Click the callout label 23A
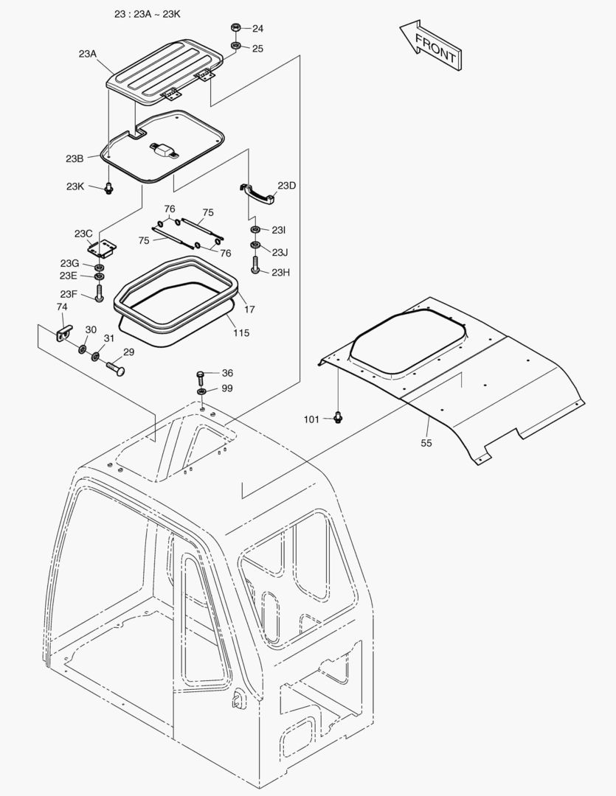pyautogui.click(x=87, y=54)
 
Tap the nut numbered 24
pyautogui.click(x=235, y=29)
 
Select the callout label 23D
pyautogui.click(x=286, y=186)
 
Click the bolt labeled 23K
pyautogui.click(x=108, y=187)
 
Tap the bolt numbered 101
pyautogui.click(x=338, y=417)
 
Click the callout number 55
pyautogui.click(x=426, y=443)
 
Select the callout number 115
pyautogui.click(x=241, y=333)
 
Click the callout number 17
pyautogui.click(x=249, y=310)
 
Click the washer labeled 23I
pyautogui.click(x=255, y=231)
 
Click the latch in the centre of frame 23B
pyautogui.click(x=164, y=149)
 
